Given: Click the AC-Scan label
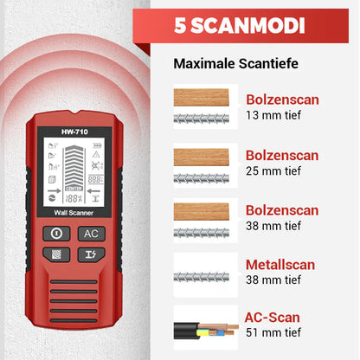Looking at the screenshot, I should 269,318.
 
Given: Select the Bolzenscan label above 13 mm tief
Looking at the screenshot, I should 282,100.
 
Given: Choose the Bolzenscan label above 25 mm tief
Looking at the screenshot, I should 282,155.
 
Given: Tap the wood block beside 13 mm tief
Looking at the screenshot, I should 202,95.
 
